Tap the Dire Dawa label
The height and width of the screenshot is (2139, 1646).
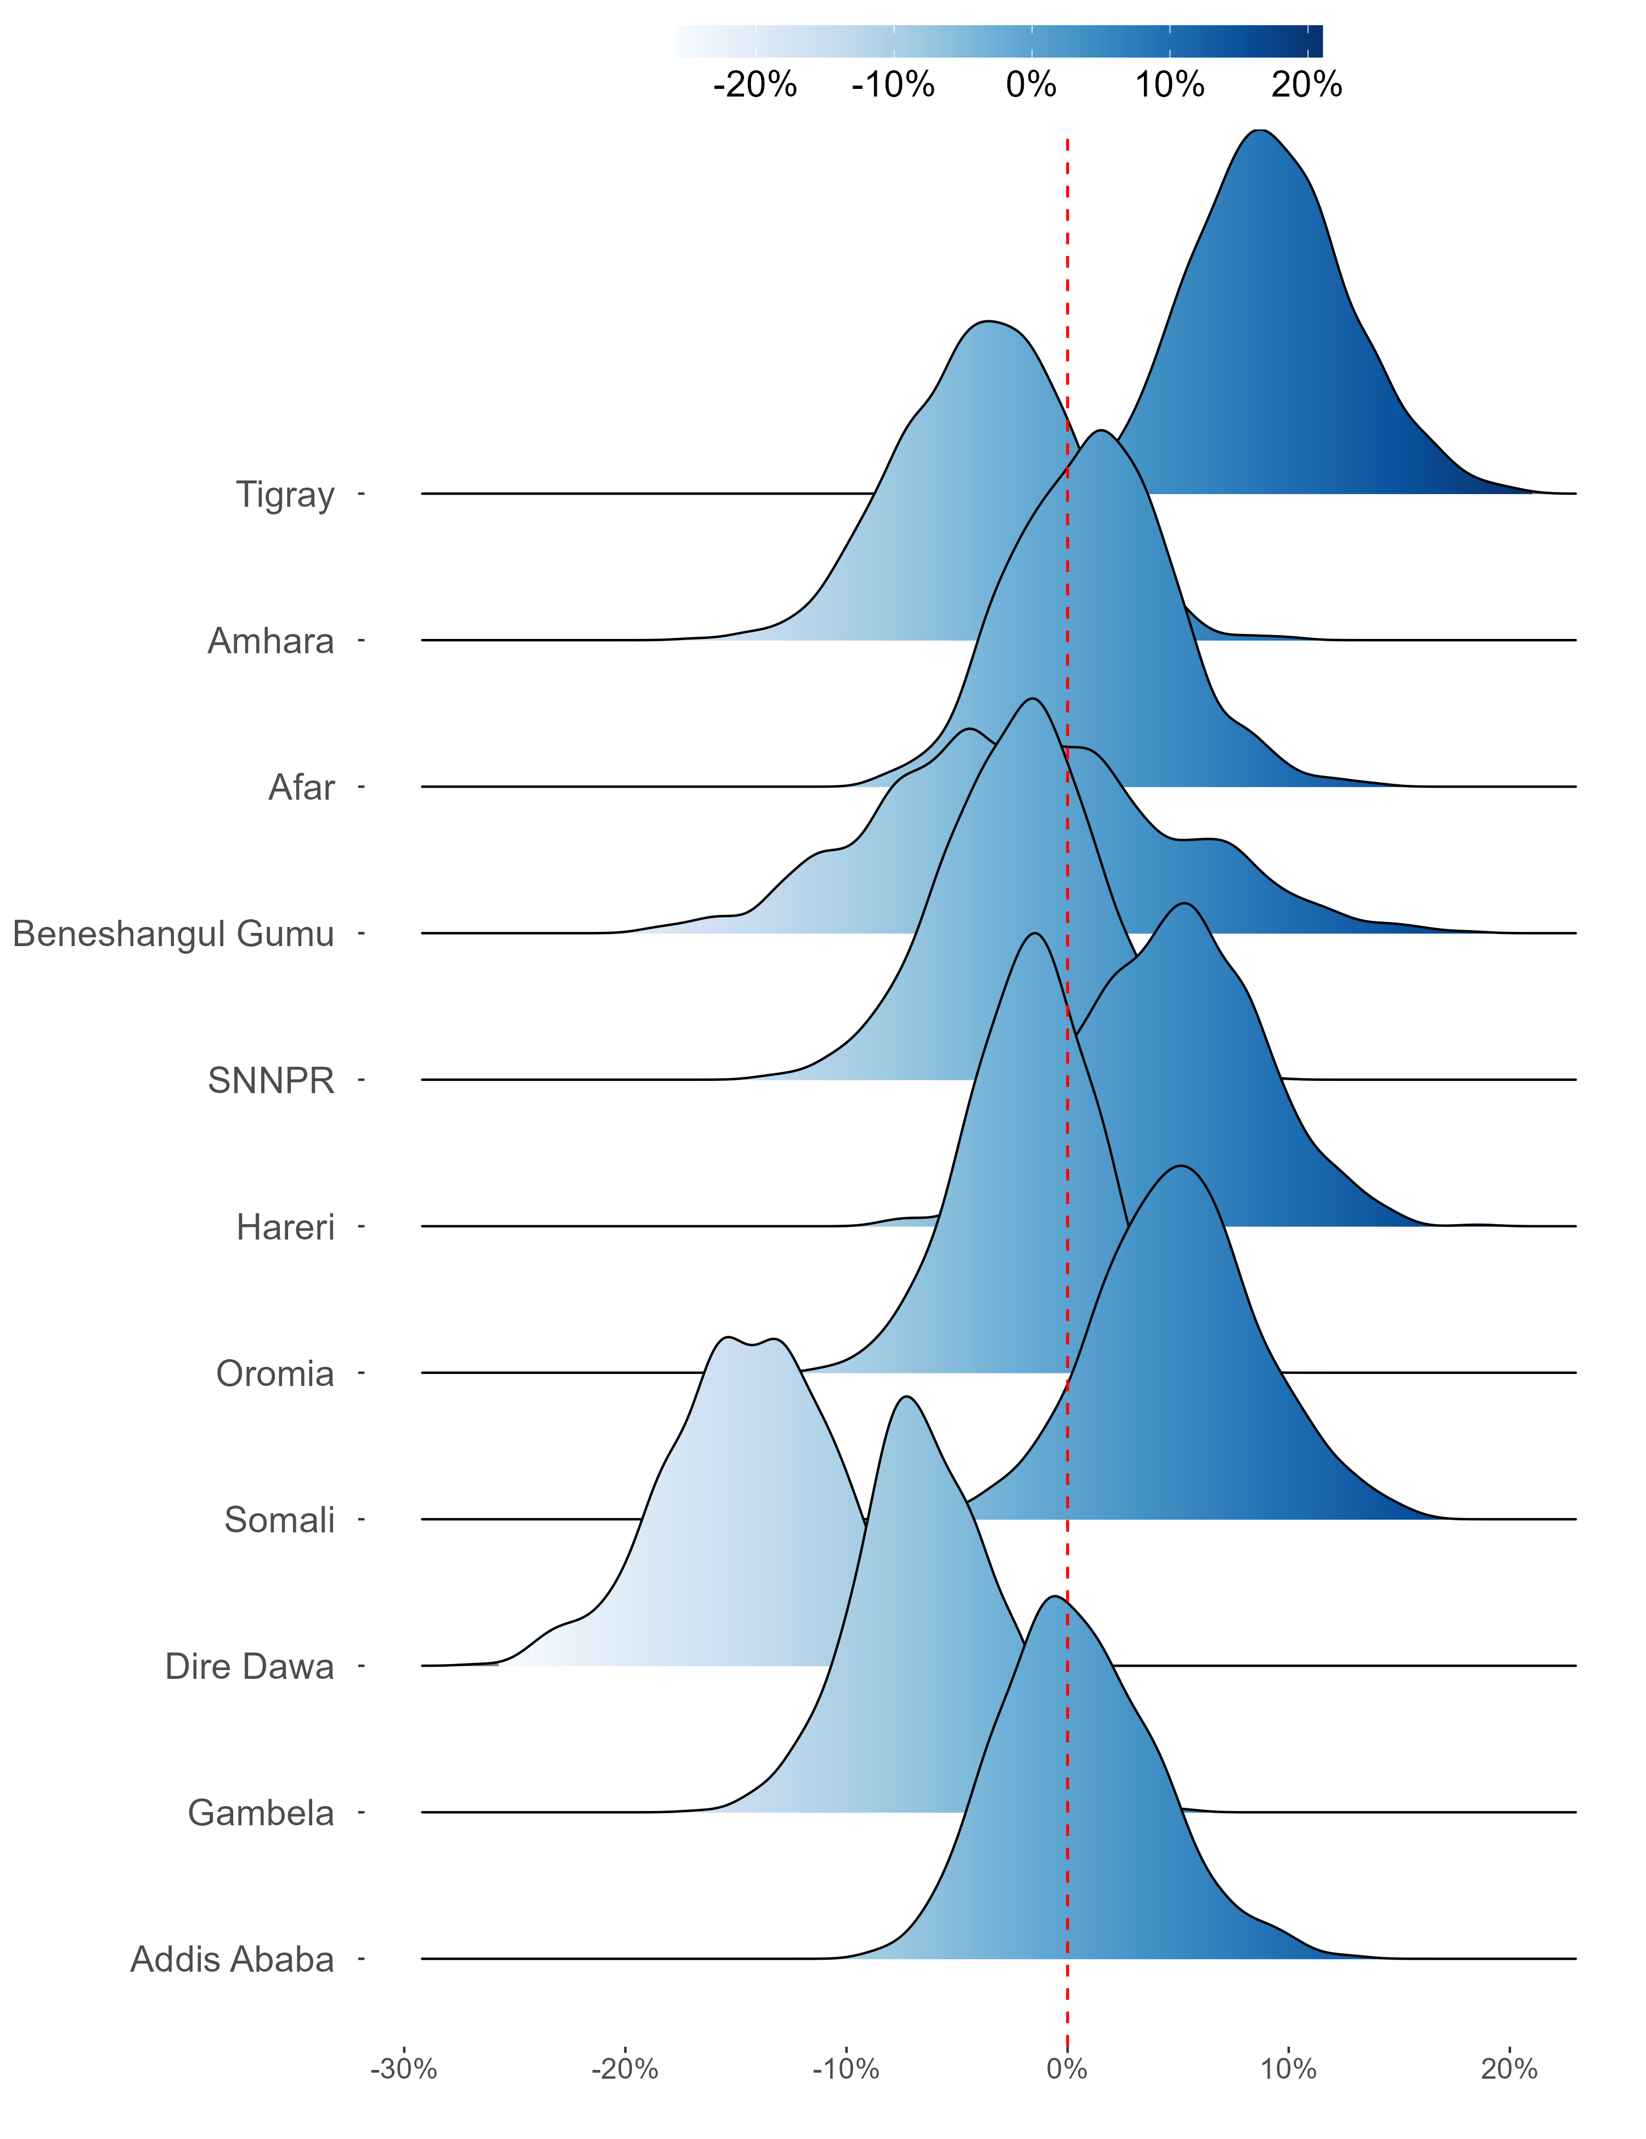[249, 1667]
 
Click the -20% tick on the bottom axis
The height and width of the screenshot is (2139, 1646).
[625, 2069]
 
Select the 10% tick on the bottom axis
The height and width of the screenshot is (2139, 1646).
[1288, 2069]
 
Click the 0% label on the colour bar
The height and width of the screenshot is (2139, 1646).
[1031, 85]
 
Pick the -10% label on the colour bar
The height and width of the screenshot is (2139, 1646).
[893, 85]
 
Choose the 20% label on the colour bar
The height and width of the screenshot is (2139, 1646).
[1307, 85]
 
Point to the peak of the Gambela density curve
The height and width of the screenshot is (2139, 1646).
[907, 1396]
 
